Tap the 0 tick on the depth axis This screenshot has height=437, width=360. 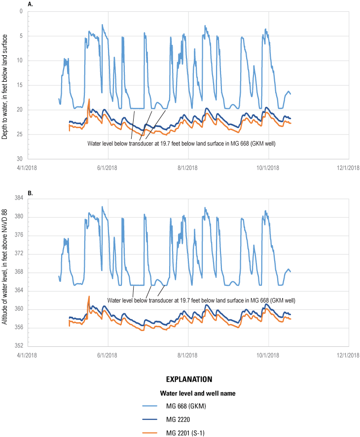(21, 11)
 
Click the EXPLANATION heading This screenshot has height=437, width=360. (189, 379)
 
